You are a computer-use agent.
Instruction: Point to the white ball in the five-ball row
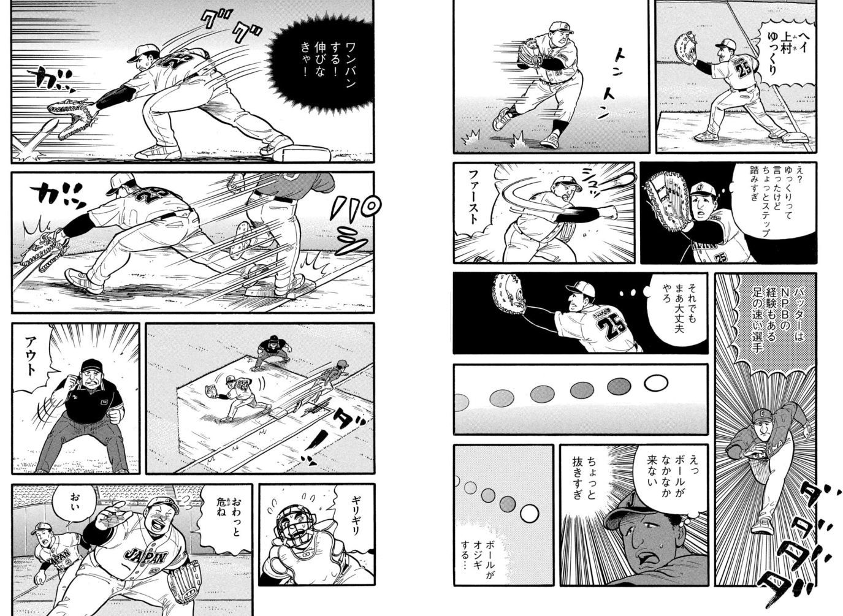pyautogui.click(x=655, y=383)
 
